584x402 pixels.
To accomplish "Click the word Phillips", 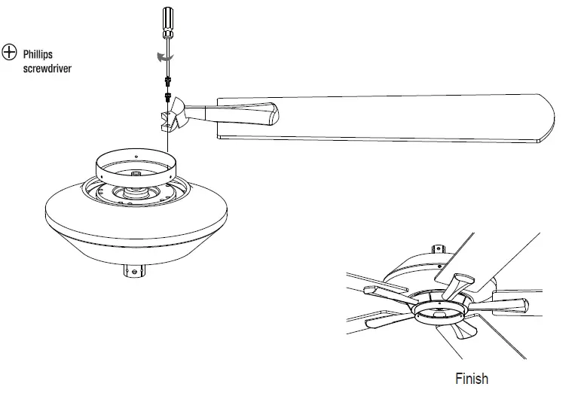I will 38,54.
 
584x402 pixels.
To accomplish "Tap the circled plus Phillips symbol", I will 10,52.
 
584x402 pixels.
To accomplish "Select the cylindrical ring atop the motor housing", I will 135,167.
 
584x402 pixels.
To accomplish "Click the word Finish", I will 472,379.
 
